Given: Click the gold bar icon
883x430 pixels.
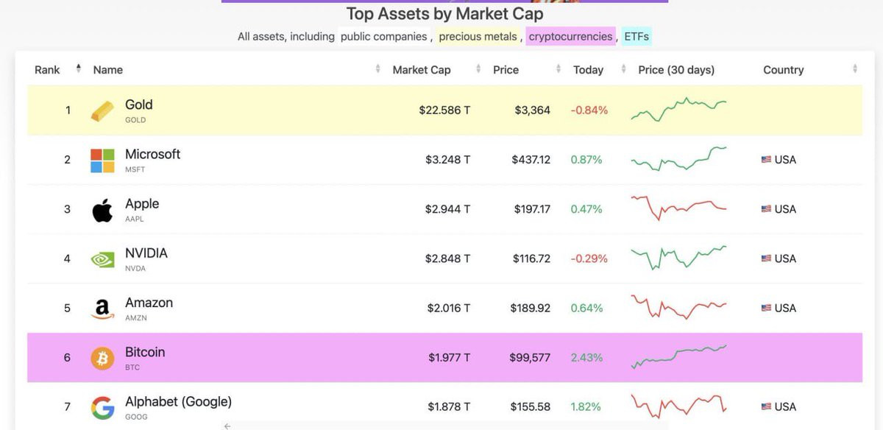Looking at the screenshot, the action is click(x=102, y=111).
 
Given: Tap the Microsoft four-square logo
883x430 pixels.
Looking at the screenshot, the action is click(x=102, y=161).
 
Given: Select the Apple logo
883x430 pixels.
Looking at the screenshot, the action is click(x=102, y=211).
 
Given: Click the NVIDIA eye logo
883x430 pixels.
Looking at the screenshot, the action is click(x=102, y=260).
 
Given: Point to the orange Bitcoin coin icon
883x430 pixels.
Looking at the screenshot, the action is click(x=102, y=358).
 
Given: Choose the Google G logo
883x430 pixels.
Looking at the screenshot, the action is click(x=102, y=407).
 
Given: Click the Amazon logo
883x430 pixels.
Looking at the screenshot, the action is click(x=102, y=309).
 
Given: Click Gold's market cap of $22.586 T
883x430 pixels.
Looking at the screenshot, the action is click(x=444, y=110).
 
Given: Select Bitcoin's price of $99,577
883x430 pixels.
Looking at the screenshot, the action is click(x=530, y=357).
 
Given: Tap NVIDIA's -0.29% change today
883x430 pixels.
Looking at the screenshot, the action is click(x=589, y=258).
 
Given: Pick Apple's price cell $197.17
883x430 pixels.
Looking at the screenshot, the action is click(x=532, y=209).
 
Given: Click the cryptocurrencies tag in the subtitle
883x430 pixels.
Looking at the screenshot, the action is click(x=570, y=36).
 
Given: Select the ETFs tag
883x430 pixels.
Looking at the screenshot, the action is click(x=636, y=36).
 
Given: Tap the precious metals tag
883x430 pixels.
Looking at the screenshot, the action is click(x=478, y=36).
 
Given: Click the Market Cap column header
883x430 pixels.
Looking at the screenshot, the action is click(x=422, y=70).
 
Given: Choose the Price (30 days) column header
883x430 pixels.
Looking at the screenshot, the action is click(x=676, y=70).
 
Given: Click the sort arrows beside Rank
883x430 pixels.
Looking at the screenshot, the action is click(x=79, y=68).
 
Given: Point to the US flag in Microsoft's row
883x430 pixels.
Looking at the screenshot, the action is click(x=766, y=159).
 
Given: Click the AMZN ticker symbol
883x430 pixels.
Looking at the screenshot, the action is click(x=136, y=317).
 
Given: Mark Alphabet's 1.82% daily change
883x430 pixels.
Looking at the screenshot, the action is click(x=586, y=406).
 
